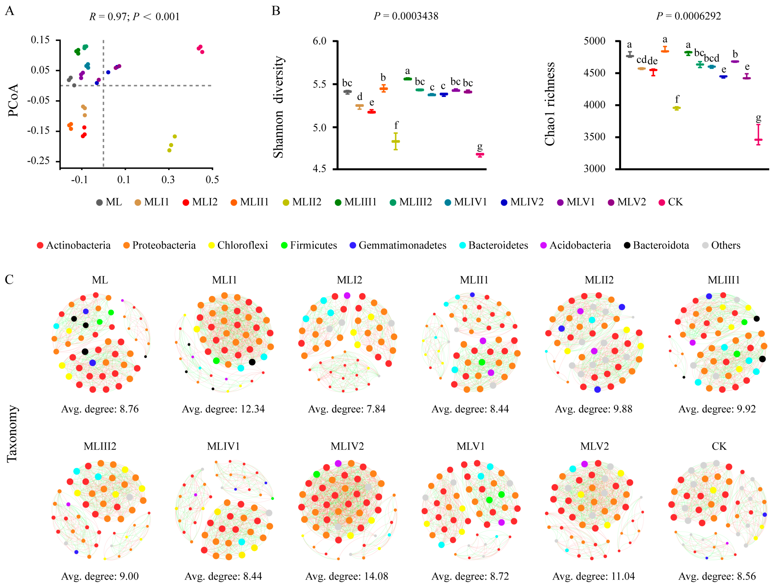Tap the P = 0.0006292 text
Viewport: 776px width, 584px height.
(688, 16)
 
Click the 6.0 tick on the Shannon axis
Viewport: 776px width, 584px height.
(319, 41)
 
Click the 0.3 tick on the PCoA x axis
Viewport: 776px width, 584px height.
(168, 180)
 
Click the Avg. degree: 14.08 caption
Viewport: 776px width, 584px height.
(347, 576)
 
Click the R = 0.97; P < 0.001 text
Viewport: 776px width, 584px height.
(134, 17)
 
